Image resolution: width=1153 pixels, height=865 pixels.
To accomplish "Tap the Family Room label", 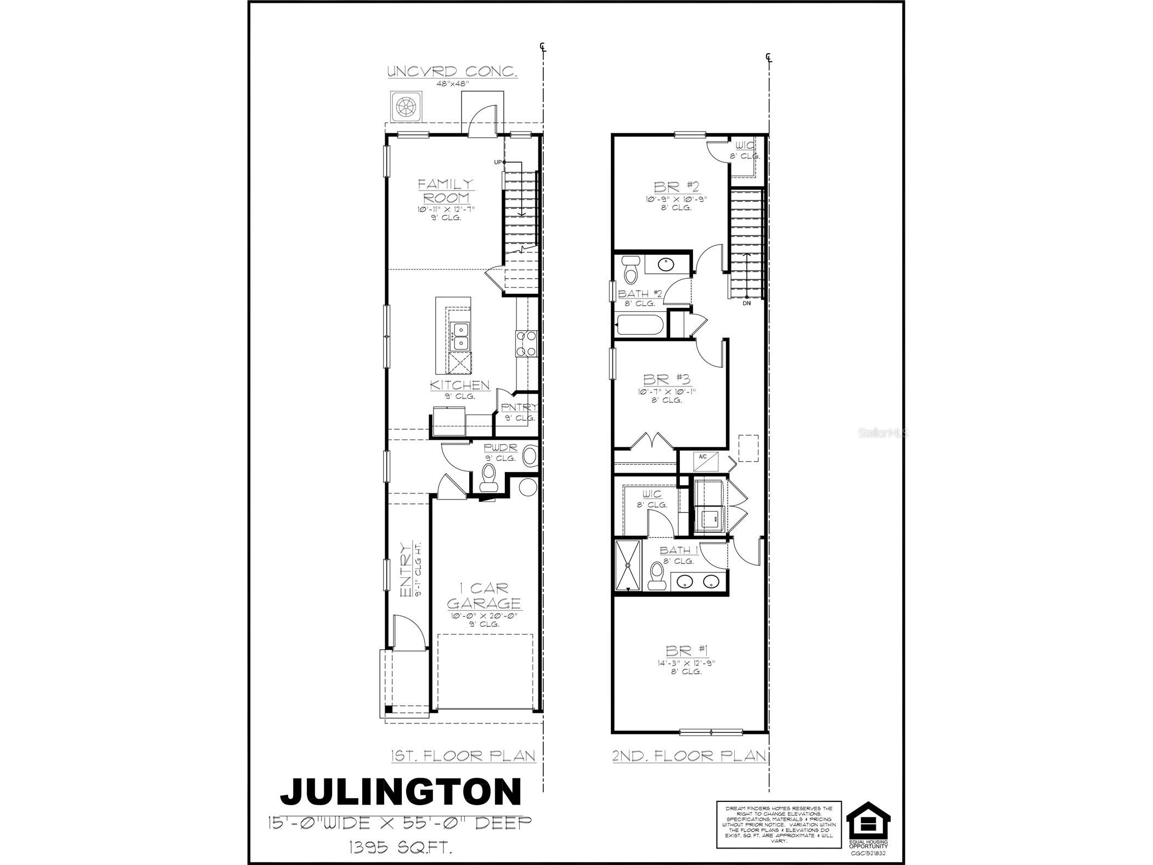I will coord(445,190).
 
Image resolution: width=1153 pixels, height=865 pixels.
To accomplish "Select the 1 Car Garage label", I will coord(483,596).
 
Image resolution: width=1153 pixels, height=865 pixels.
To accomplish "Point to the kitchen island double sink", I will coord(459,336).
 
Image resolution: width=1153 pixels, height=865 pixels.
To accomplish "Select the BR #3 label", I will coord(666,379).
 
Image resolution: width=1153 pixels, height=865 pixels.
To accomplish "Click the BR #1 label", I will coord(687,651).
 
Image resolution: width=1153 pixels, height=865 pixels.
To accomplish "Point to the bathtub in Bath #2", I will coord(639,325).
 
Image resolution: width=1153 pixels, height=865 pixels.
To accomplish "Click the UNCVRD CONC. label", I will coord(452,72).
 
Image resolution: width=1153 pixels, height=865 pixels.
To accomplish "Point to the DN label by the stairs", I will coord(746,303).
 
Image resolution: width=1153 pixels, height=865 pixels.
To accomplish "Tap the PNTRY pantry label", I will coord(519,407).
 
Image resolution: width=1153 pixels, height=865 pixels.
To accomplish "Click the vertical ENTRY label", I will coord(406,570).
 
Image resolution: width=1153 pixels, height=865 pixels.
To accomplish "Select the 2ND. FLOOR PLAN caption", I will coord(689,756).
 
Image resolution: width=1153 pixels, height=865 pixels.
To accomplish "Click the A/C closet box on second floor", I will coord(703,462).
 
